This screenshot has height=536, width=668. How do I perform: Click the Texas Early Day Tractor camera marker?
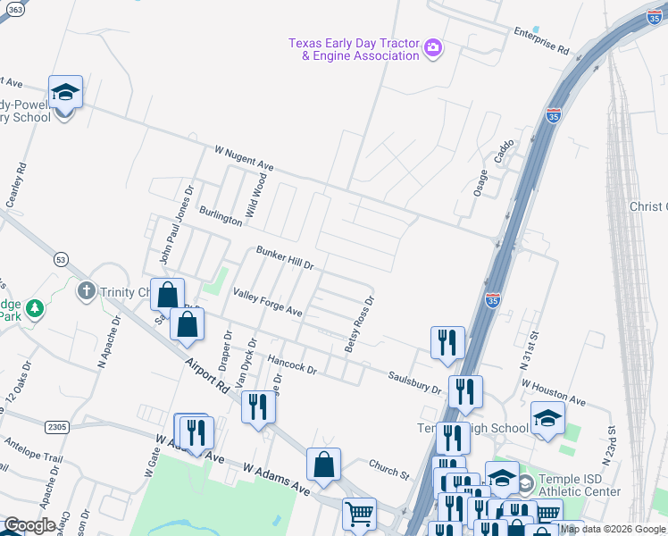[433, 46]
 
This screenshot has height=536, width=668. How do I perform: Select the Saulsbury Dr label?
[414, 383]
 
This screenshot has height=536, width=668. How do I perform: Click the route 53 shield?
[61, 259]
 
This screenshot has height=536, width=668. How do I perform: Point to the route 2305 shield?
[57, 427]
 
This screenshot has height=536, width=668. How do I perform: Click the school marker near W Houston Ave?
[547, 418]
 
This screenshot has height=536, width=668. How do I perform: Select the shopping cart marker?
[359, 513]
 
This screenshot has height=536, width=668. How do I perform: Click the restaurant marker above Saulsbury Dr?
[447, 341]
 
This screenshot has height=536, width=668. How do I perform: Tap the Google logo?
[29, 525]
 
